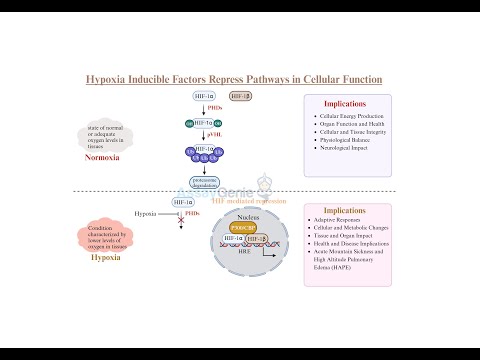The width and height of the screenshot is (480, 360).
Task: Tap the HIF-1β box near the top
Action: [240, 96]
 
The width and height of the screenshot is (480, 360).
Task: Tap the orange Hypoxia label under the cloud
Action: [105, 256]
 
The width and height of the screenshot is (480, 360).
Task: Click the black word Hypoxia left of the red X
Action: [145, 213]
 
